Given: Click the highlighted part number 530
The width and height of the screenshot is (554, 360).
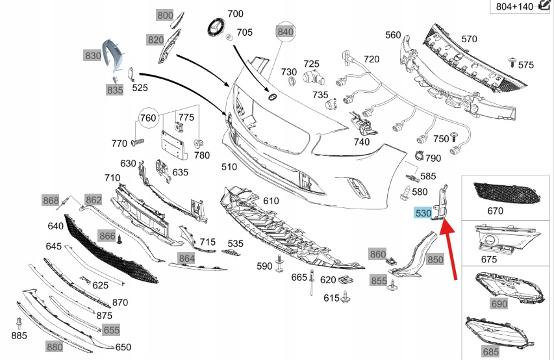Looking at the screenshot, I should (423, 213).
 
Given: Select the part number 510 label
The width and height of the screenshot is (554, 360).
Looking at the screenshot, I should (229, 167).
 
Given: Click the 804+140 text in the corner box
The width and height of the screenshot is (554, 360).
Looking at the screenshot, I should (514, 6).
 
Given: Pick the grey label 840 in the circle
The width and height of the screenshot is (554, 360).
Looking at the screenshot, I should (286, 31).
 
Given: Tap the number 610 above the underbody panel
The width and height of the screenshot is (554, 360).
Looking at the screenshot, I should (270, 201).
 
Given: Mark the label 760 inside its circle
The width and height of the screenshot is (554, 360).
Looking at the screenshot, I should (149, 118).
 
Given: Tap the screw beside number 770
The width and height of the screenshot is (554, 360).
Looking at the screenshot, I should (137, 142).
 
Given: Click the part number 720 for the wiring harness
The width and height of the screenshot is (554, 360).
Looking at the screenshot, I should (371, 59).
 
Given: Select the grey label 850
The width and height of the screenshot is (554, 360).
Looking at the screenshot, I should (435, 260).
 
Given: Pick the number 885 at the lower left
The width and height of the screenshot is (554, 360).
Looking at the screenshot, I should (19, 336).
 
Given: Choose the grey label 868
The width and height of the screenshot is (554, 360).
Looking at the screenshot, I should (51, 199).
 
